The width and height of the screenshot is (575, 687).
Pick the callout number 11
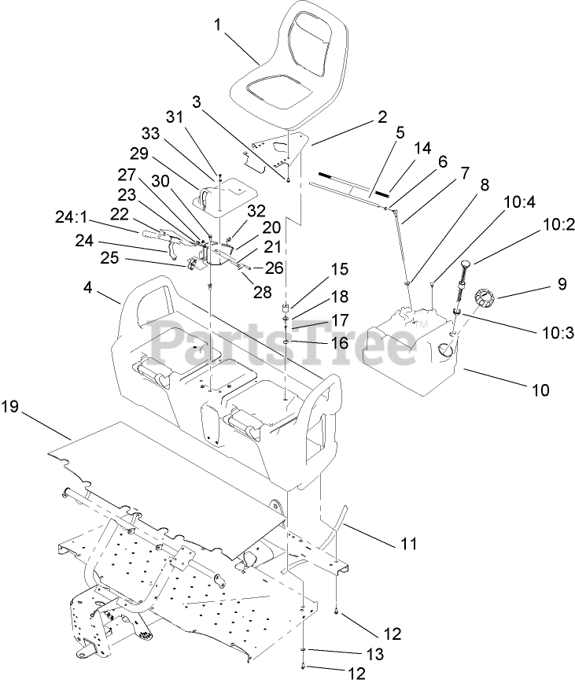point(408,543)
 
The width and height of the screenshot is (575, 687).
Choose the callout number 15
point(339,268)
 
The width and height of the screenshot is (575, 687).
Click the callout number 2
point(382,116)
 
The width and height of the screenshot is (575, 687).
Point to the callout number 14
point(422,147)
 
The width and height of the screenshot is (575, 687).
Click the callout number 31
point(173,116)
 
